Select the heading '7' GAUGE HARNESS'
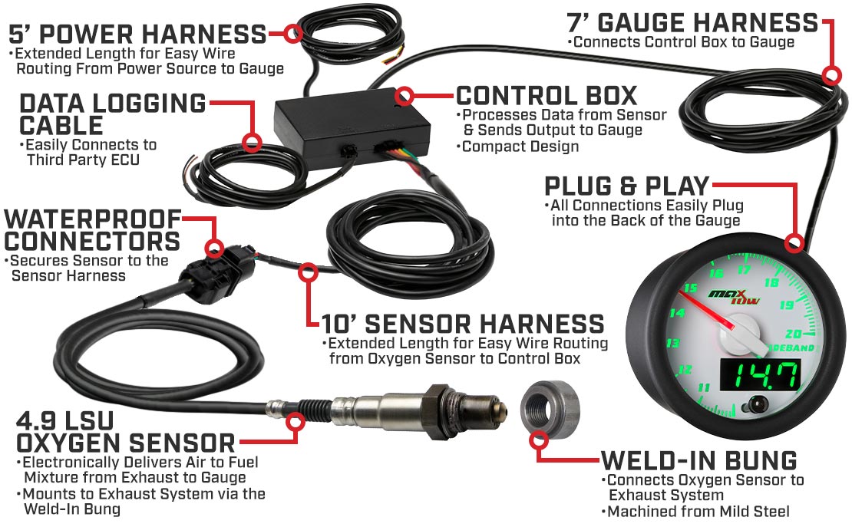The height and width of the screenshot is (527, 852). tap(692, 22)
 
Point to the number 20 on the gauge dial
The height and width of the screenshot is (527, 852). tap(794, 334)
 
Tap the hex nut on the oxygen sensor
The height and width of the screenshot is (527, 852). tap(438, 411)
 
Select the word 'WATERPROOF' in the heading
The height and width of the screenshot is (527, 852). tap(93, 219)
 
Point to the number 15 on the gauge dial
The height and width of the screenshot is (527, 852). tap(691, 288)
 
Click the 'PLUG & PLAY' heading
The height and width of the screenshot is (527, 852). tap(627, 186)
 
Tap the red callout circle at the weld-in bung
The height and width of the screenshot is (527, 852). tap(539, 440)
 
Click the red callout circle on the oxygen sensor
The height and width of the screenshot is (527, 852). tap(296, 422)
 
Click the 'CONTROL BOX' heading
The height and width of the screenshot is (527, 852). tap(547, 96)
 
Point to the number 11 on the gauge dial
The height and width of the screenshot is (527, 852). tap(704, 388)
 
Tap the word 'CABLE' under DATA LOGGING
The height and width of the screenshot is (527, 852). tap(61, 126)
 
